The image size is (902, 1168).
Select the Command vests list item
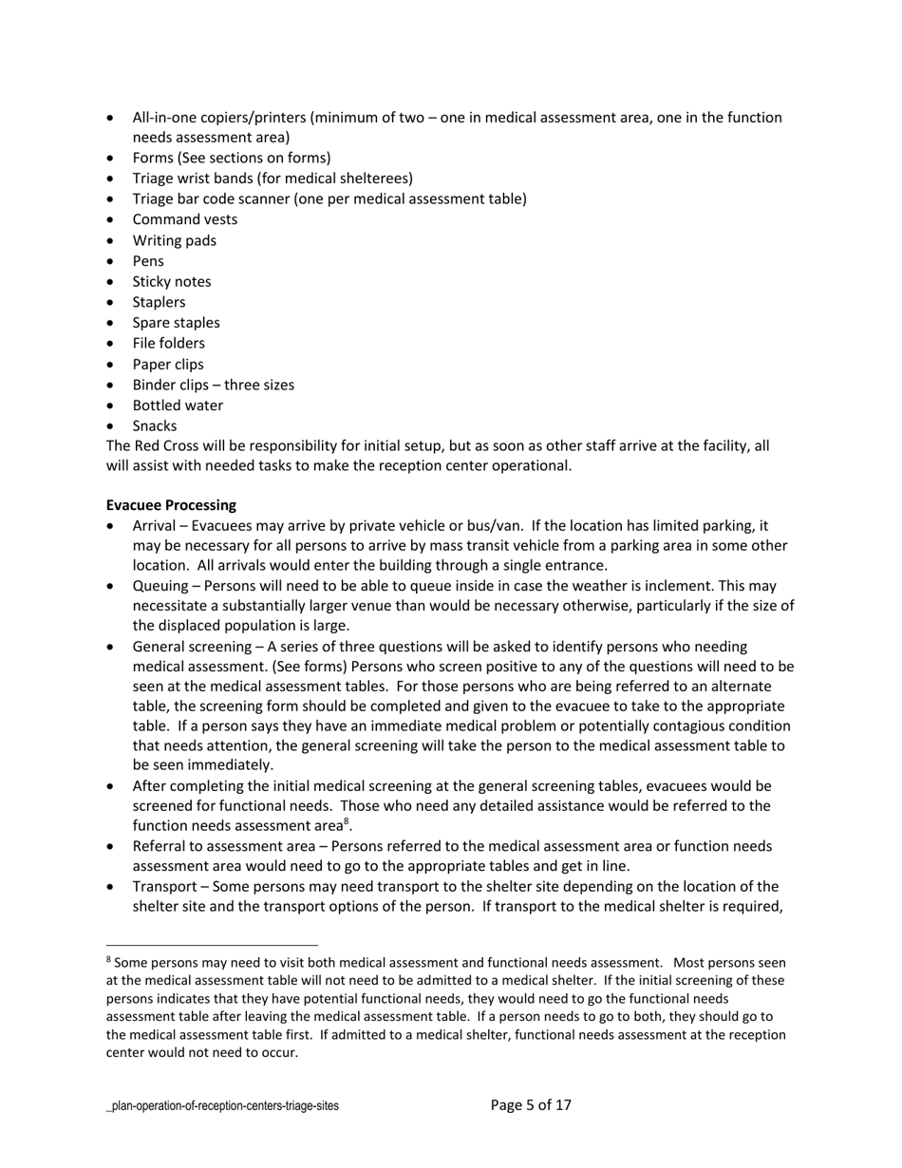click(x=185, y=219)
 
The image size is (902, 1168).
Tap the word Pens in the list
click(x=148, y=261)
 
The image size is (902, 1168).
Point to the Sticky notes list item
click(x=172, y=282)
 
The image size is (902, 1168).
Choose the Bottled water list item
click(x=178, y=405)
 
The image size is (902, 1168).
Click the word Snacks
click(x=155, y=426)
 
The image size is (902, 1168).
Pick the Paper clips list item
click(x=168, y=365)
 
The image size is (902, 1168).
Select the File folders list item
click(x=168, y=344)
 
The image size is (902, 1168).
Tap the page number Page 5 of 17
click(x=531, y=1105)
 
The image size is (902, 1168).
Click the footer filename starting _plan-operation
click(x=222, y=1106)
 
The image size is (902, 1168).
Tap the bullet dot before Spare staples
click(x=113, y=323)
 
